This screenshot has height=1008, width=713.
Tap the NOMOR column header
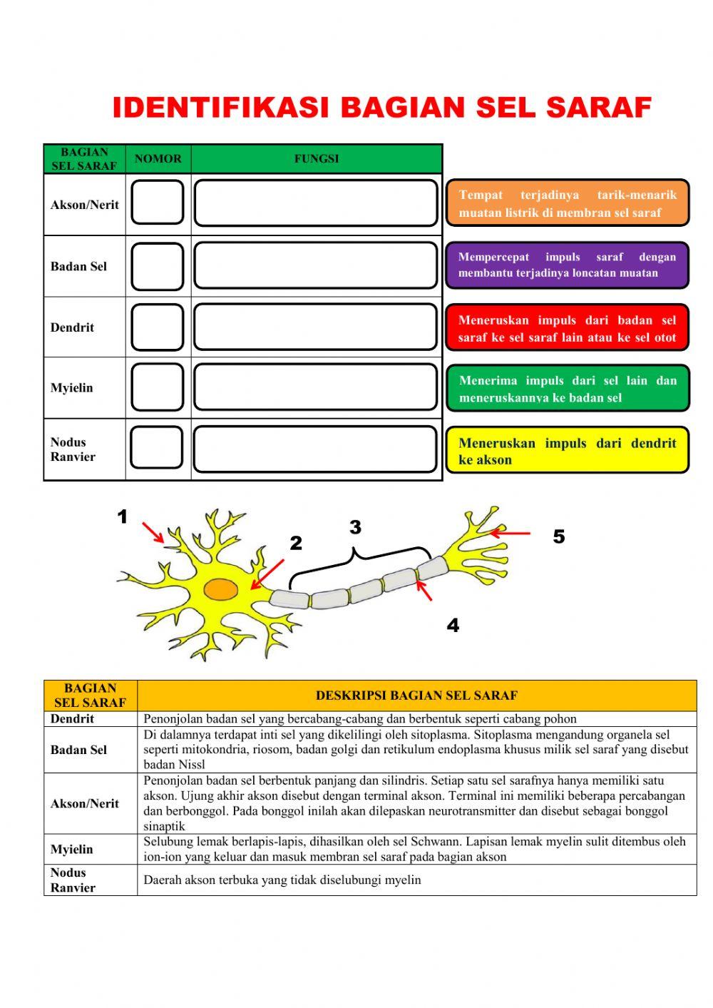pos(158,158)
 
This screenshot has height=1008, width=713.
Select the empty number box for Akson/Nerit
pos(158,203)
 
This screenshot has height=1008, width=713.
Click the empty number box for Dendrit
pos(158,327)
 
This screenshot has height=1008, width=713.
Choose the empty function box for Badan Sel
pos(316,265)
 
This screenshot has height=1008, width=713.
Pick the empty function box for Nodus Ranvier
pos(315,449)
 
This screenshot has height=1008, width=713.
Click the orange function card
pos(568,203)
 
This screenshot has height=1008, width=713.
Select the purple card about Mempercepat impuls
pos(568,265)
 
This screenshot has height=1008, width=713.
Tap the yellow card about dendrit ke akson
pos(568,451)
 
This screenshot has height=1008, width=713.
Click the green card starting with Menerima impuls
pos(568,389)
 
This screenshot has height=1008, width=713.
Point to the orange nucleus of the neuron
pos(221,590)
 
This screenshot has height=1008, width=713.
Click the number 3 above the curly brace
pos(355,527)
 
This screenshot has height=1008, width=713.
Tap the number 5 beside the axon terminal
pos(558,536)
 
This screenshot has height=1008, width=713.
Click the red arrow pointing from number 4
pos(424,591)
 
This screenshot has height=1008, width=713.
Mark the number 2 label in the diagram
pos(296,544)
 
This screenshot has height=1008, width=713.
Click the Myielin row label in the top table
pos(72,388)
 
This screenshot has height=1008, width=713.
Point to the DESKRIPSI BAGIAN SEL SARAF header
pos(416,696)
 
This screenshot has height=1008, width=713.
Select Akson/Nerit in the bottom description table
pos(85,803)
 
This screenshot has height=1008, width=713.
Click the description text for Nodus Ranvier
pos(282,880)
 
